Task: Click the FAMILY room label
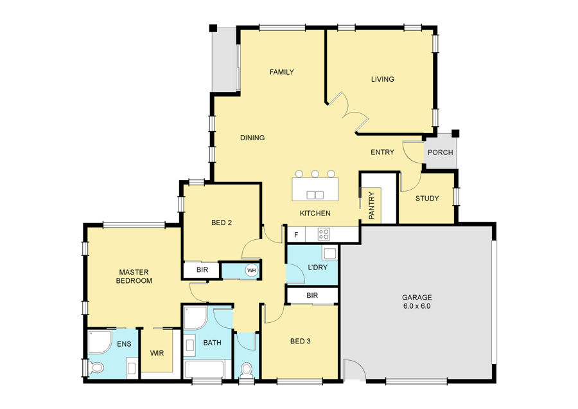pyautogui.click(x=282, y=72)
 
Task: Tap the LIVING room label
pyautogui.click(x=383, y=79)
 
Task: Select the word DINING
pyautogui.click(x=252, y=138)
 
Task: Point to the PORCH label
pyautogui.click(x=441, y=152)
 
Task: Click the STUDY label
pyautogui.click(x=427, y=198)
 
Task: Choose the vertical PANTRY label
pyautogui.click(x=372, y=206)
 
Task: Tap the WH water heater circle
pyautogui.click(x=251, y=271)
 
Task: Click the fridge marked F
pyautogui.click(x=296, y=235)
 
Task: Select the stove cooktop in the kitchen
pyautogui.click(x=324, y=234)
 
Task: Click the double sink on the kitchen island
pyautogui.click(x=315, y=195)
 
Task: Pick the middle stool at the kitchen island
pyautogui.click(x=315, y=174)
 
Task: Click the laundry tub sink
pyautogui.click(x=329, y=253)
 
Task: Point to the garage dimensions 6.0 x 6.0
pyautogui.click(x=417, y=306)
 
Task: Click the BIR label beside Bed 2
pyautogui.click(x=202, y=270)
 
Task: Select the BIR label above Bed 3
pyautogui.click(x=312, y=296)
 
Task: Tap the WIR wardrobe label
pyautogui.click(x=157, y=353)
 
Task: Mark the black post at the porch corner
pyautogui.click(x=455, y=133)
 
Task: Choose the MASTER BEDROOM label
pyautogui.click(x=134, y=277)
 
